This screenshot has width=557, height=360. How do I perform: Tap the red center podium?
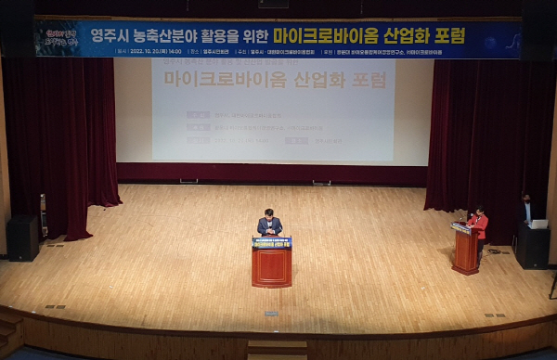point(271,265)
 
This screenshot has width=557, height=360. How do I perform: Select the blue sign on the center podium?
point(271,242)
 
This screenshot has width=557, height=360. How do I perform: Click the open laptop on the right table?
point(538,224)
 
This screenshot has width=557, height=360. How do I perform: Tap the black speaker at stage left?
point(22,238)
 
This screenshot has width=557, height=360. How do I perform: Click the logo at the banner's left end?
point(58,39)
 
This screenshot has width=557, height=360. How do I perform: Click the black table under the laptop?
point(533,246)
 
